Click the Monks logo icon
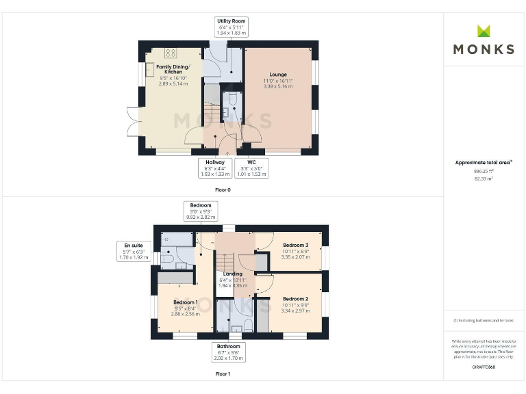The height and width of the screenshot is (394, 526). tap(484, 31)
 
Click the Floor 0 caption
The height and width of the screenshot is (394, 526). tap(223, 189)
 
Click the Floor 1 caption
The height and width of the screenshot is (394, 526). tap(223, 374)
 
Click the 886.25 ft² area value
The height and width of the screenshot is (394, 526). tap(484, 172)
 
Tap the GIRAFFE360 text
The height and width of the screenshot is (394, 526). tap(484, 367)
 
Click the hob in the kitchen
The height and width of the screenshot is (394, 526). tap(171, 53)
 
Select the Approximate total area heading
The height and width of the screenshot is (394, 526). tap(483, 162)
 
